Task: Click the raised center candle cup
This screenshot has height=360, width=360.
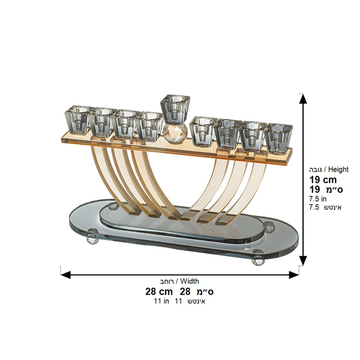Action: tap(175, 109)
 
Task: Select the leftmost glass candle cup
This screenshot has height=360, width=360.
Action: tap(77, 120)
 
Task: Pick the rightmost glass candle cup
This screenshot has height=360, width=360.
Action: tap(279, 139)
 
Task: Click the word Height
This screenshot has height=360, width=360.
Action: tap(338, 169)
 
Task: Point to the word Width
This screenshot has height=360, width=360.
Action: tap(189, 281)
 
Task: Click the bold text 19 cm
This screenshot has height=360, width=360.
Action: tap(323, 180)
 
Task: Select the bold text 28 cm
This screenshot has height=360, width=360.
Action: tap(159, 292)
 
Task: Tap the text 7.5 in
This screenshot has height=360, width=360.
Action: tap(318, 199)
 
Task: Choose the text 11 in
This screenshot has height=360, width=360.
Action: tap(161, 301)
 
